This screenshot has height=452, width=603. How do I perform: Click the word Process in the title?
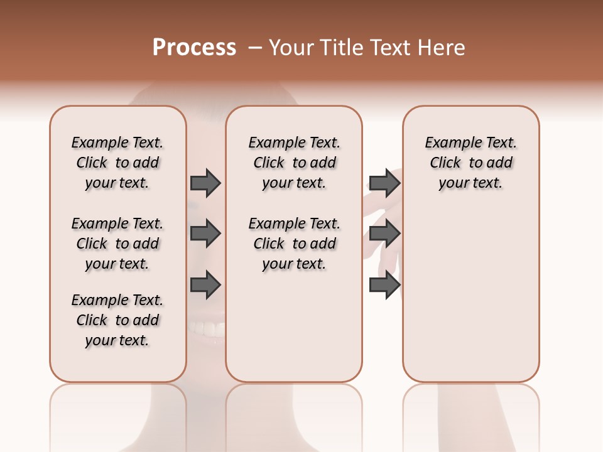pos(194,48)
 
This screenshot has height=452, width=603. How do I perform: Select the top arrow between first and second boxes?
pos(205,183)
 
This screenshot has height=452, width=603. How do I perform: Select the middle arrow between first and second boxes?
pos(205,234)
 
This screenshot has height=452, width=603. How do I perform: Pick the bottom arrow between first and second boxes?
pos(205,286)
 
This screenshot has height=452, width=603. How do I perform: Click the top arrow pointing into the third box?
pos(384,183)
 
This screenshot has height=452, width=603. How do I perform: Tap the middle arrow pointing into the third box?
pos(384,234)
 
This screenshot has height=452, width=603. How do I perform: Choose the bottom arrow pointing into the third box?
pos(384,286)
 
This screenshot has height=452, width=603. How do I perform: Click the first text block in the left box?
pos(117,163)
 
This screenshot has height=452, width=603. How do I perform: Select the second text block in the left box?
pos(117,244)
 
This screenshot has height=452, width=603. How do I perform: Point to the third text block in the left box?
pos(117,320)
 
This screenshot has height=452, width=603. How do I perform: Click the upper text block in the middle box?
pos(294,163)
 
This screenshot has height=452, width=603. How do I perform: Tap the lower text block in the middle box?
pos(294,244)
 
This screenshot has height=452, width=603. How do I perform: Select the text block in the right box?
pos(470,163)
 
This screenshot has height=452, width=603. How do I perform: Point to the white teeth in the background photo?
pos(207,328)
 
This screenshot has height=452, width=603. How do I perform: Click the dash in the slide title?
pos(255,48)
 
